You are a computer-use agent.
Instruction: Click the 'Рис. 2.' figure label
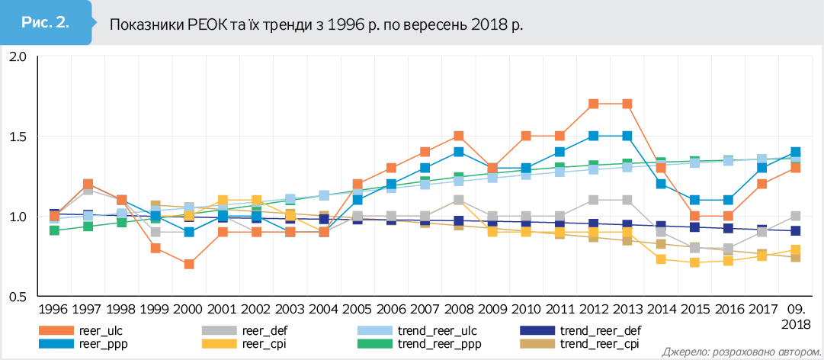(46, 22)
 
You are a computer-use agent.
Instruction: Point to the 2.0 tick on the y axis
(17, 57)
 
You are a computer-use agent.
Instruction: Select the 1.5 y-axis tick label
(17, 137)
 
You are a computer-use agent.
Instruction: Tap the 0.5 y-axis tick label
(17, 297)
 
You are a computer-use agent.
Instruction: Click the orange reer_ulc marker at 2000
(188, 264)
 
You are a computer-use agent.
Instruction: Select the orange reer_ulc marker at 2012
(594, 104)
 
